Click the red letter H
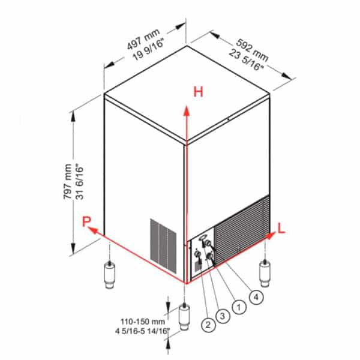[x=198, y=92]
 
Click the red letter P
[x=88, y=223]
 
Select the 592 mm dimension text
[x=250, y=46]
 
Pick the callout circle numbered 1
[x=239, y=307]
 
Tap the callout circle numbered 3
[x=224, y=316]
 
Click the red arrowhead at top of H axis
[x=187, y=109]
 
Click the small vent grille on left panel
[x=163, y=241]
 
